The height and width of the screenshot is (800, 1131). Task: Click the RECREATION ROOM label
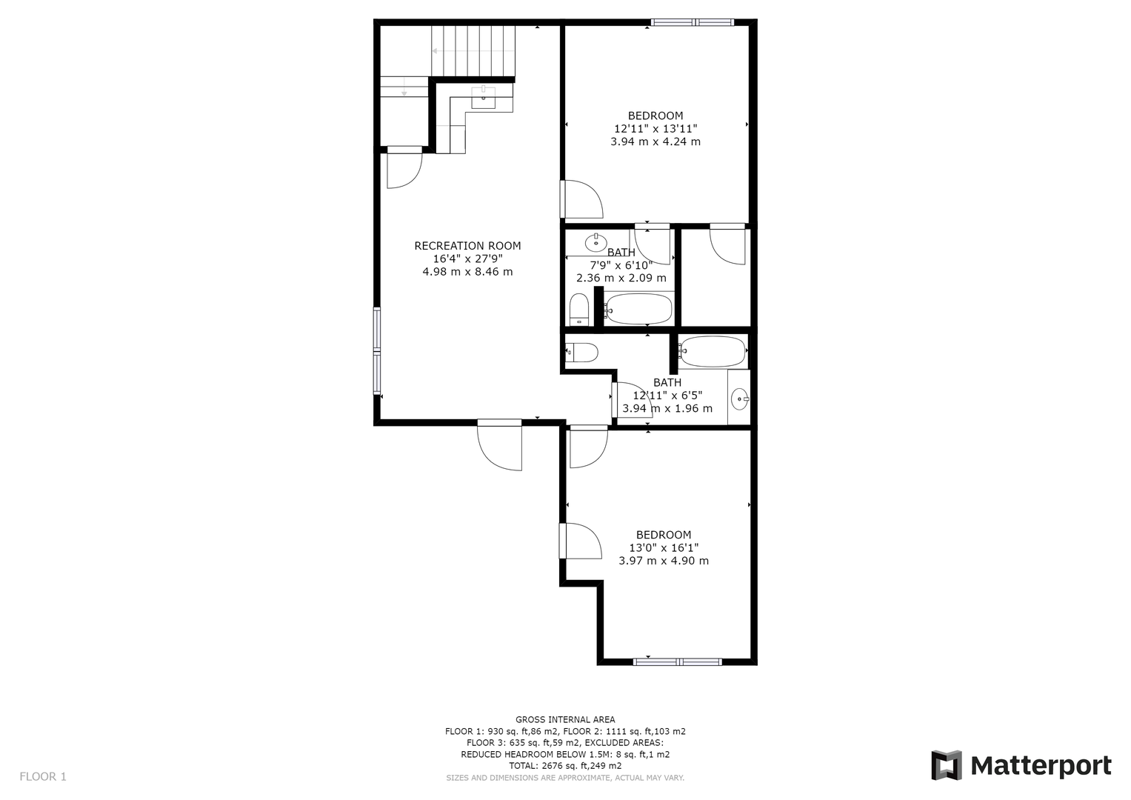pyautogui.click(x=467, y=246)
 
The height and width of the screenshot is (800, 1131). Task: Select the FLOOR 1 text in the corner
pyautogui.click(x=43, y=777)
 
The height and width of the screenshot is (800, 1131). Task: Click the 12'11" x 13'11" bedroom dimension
pyautogui.click(x=655, y=129)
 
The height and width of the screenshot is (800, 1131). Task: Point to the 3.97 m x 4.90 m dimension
pyautogui.click(x=664, y=561)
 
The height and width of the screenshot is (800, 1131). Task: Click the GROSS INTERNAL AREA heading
pyautogui.click(x=565, y=720)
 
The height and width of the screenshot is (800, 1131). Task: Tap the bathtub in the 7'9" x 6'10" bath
pyautogui.click(x=638, y=309)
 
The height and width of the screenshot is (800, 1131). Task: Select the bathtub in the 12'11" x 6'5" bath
pyautogui.click(x=713, y=351)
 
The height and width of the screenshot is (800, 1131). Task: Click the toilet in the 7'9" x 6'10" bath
pyautogui.click(x=579, y=310)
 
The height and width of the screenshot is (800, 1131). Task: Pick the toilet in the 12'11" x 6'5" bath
pyautogui.click(x=581, y=352)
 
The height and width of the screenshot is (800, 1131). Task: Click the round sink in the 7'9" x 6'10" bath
pyautogui.click(x=595, y=243)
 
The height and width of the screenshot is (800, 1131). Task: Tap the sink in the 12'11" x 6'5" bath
pyautogui.click(x=740, y=399)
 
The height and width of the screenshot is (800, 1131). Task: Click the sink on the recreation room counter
pyautogui.click(x=483, y=98)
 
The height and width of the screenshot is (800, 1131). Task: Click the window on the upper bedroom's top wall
pyautogui.click(x=692, y=22)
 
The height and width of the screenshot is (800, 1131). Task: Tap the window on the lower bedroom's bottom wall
pyautogui.click(x=678, y=661)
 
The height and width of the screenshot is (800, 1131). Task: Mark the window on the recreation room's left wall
pyautogui.click(x=377, y=350)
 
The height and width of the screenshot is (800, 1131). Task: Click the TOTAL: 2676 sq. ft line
pyautogui.click(x=565, y=766)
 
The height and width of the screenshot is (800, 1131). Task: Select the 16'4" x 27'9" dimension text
pyautogui.click(x=467, y=259)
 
